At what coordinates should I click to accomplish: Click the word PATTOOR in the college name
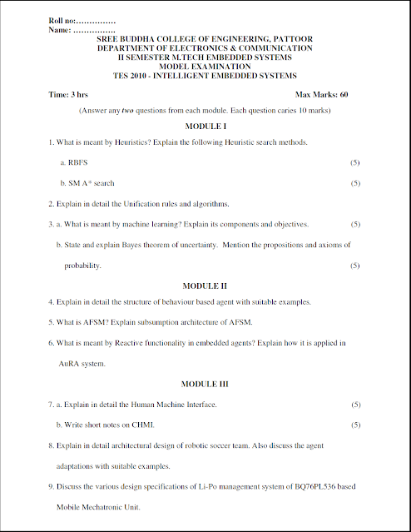pyautogui.click(x=294, y=39)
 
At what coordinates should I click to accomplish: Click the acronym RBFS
pyautogui.click(x=77, y=162)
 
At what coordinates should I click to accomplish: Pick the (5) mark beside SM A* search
pyautogui.click(x=355, y=183)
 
